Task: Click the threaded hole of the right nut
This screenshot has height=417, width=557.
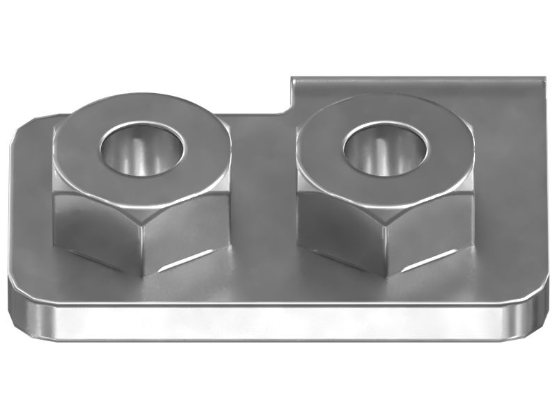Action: coord(384,149)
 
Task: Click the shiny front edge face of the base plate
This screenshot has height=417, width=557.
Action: coord(278,323)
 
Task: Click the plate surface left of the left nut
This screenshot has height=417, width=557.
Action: coord(31,208)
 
